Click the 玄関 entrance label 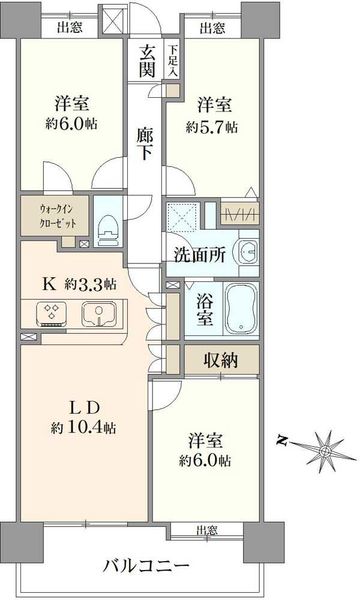tap(147, 60)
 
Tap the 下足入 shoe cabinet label tap(173, 60)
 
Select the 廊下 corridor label tap(145, 145)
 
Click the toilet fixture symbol tap(109, 230)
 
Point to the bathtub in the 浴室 tap(241, 309)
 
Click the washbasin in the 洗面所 tap(249, 253)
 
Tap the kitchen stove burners tap(51, 315)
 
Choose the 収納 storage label tap(221, 360)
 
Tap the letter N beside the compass tap(282, 441)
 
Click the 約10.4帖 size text tap(83, 427)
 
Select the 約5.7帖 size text tap(212, 127)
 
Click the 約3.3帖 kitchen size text tap(90, 284)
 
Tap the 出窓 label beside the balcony tap(207, 531)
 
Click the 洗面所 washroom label tap(200, 255)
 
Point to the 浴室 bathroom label tap(205, 310)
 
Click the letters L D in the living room tap(84, 408)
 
